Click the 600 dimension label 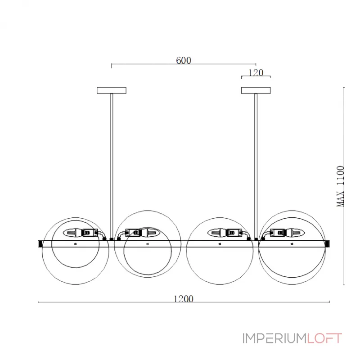(x=183, y=61)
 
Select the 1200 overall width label (x=183, y=299)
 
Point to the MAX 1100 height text (x=341, y=186)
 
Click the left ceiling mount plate (x=111, y=90)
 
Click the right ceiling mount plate (x=256, y=90)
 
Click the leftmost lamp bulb (x=72, y=233)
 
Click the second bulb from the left (x=151, y=233)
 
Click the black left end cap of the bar (x=40, y=243)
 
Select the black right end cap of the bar (x=327, y=243)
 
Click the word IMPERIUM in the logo (x=274, y=338)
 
